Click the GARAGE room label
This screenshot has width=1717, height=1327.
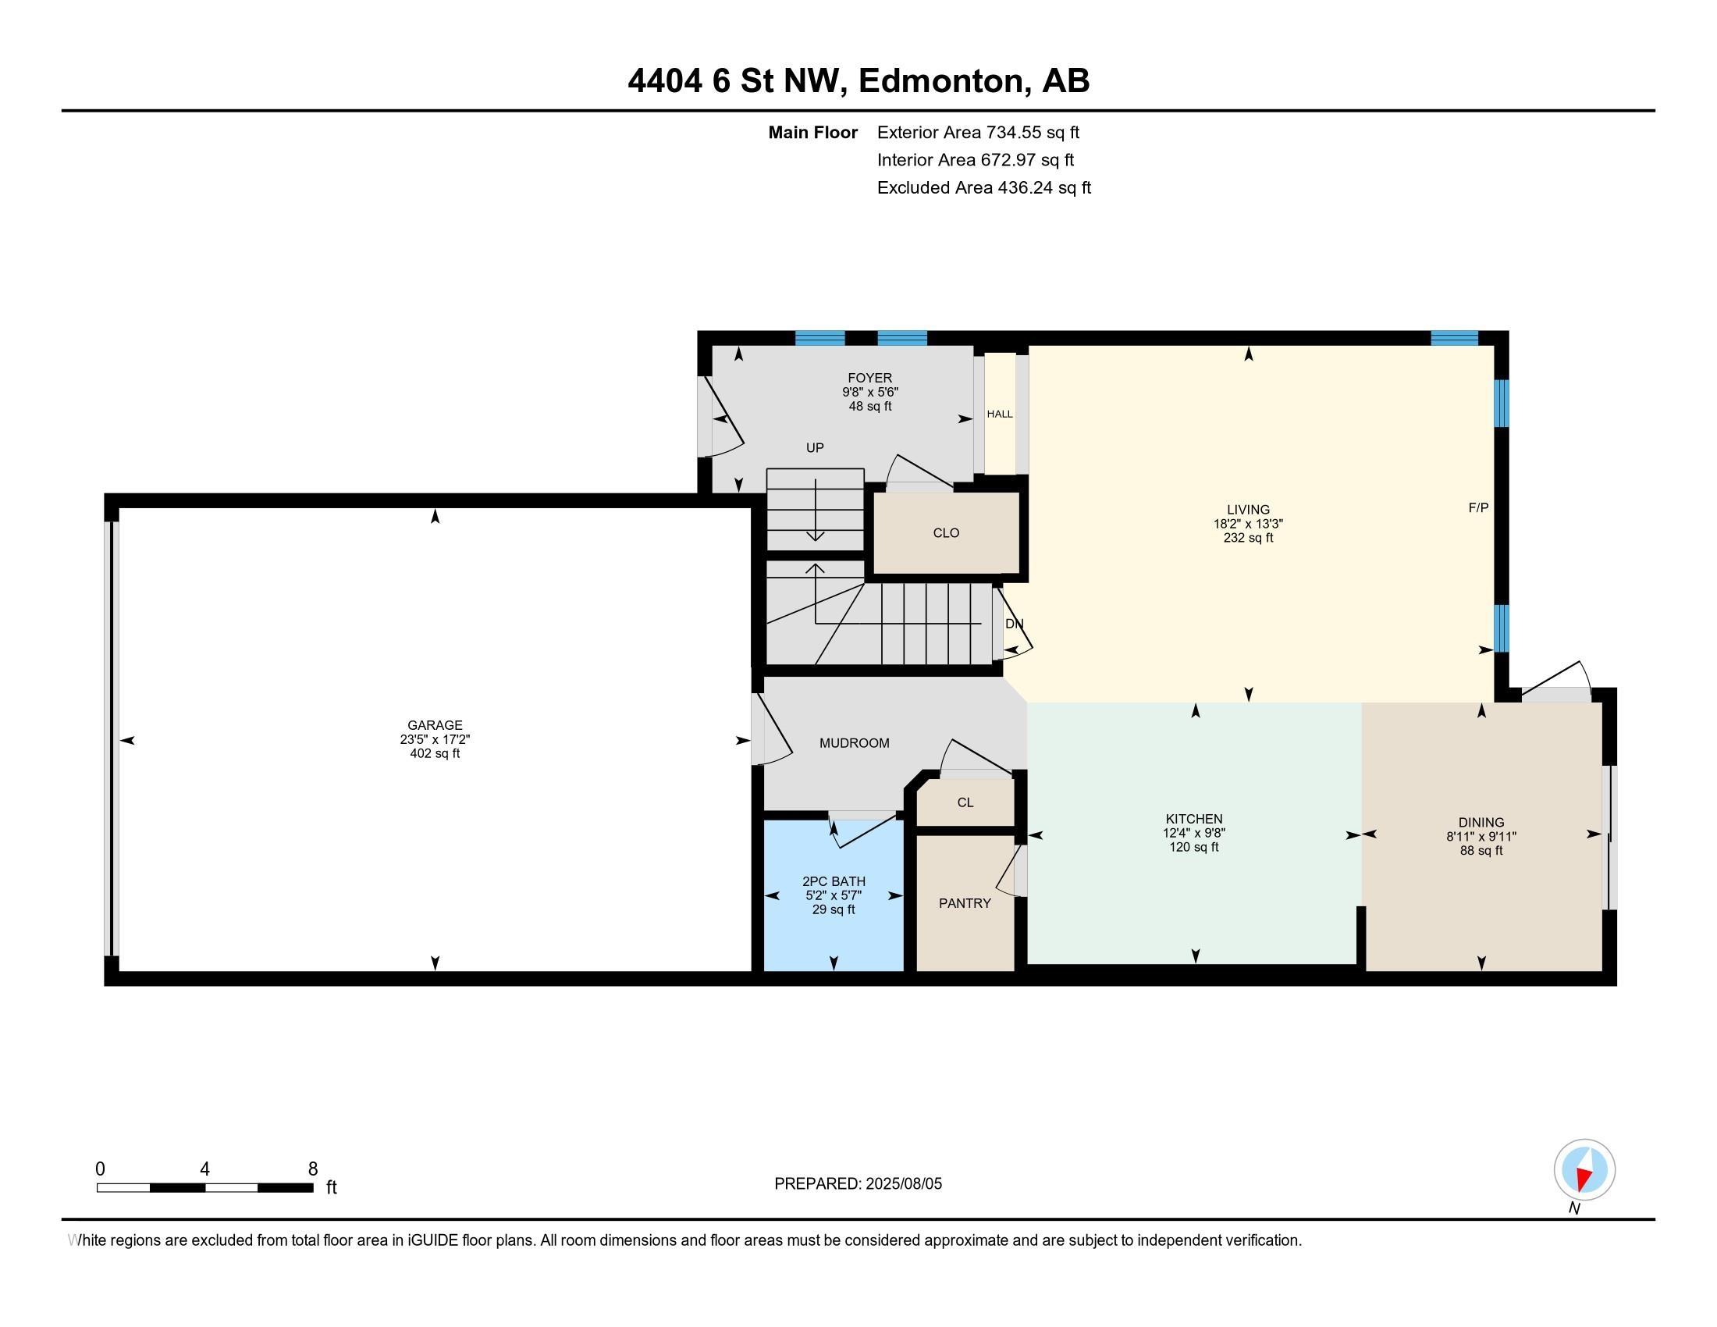pyautogui.click(x=435, y=725)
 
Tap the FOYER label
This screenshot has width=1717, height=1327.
pyautogui.click(x=869, y=378)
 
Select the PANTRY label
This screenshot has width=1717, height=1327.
pyautogui.click(x=965, y=903)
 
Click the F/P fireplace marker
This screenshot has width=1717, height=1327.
pyautogui.click(x=1478, y=508)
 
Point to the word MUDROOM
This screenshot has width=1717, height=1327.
pyautogui.click(x=855, y=743)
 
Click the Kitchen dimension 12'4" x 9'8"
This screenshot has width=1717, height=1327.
pyautogui.click(x=1194, y=834)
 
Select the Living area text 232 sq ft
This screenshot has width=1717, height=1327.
pyautogui.click(x=1249, y=538)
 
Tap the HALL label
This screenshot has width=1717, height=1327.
pyautogui.click(x=1000, y=414)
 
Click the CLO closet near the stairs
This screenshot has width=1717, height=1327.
pyautogui.click(x=946, y=533)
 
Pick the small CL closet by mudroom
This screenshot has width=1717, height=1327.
pyautogui.click(x=965, y=802)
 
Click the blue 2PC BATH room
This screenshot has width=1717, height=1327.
pyautogui.click(x=834, y=895)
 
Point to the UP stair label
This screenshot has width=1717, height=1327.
pyautogui.click(x=815, y=448)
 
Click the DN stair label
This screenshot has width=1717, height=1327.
pyautogui.click(x=1014, y=624)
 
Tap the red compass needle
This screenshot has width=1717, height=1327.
pyautogui.click(x=1586, y=1177)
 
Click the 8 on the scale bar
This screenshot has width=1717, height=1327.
pyautogui.click(x=313, y=1169)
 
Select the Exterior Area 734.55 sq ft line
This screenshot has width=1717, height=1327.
pyautogui.click(x=978, y=132)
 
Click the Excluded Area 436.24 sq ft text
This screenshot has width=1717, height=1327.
pyautogui.click(x=984, y=187)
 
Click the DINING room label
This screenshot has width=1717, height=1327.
pyautogui.click(x=1481, y=823)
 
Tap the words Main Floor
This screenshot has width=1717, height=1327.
pyautogui.click(x=813, y=132)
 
